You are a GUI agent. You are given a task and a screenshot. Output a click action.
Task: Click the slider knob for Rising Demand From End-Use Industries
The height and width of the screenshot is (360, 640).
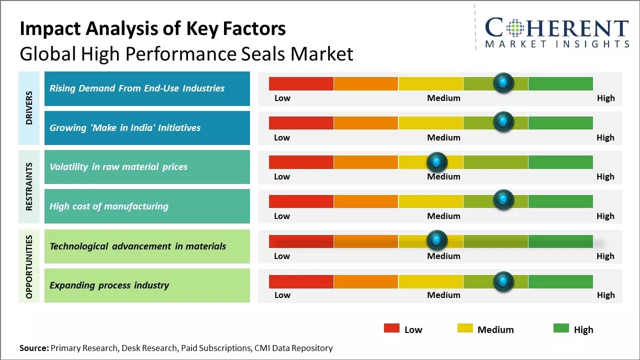503,82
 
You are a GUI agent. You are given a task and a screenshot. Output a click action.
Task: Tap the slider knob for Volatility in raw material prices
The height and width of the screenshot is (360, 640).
437,161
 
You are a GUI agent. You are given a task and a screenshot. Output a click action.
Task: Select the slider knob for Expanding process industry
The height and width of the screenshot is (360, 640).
503,281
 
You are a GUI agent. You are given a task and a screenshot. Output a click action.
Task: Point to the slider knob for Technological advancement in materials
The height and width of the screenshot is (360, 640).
437,240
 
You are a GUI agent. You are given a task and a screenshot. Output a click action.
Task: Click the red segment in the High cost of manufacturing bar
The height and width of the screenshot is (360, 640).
301,201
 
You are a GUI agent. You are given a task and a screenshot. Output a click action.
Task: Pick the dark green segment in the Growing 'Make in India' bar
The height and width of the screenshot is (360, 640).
560,122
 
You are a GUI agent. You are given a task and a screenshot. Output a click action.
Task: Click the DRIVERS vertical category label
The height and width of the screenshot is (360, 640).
29,107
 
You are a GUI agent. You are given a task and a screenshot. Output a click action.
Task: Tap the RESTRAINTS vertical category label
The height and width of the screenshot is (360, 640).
29,186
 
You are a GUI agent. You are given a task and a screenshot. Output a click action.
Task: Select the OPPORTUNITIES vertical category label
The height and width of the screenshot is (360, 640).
29,266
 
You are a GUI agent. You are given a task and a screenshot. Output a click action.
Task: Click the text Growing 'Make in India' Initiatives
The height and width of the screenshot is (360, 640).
125,128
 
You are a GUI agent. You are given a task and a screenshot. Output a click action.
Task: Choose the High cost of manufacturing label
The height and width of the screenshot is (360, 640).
109,206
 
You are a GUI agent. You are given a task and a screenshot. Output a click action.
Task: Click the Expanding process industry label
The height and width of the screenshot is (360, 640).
109,285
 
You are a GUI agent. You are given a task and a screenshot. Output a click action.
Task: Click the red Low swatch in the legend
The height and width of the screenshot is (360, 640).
391,328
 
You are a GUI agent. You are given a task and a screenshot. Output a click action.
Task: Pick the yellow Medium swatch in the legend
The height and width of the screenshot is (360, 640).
465,328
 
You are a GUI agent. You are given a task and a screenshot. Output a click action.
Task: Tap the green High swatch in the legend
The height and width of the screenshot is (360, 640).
561,328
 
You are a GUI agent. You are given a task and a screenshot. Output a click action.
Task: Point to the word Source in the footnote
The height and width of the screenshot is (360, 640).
34,348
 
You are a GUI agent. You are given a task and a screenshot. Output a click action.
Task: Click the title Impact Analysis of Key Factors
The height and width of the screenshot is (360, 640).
152,29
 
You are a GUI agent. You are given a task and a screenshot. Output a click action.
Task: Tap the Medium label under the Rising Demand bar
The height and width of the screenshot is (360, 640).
443,98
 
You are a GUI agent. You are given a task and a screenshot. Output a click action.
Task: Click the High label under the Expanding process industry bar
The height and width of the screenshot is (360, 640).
605,295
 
